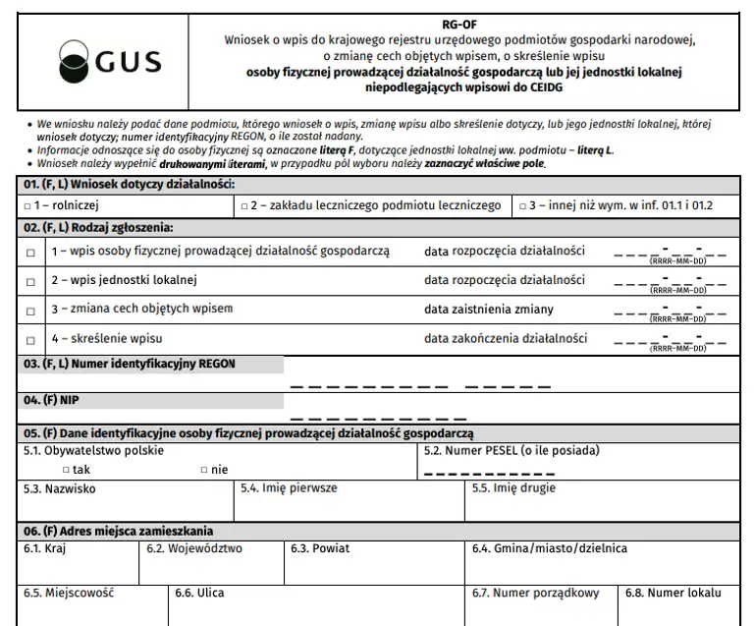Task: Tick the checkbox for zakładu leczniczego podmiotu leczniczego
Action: point(244,206)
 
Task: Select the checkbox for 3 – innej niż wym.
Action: point(520,206)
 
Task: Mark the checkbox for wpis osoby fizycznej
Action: point(30,253)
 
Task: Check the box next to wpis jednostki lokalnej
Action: point(30,281)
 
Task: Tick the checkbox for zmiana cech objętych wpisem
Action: point(30,310)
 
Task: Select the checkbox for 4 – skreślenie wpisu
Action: point(30,339)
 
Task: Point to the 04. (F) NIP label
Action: point(50,400)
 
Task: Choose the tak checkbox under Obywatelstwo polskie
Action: point(66,470)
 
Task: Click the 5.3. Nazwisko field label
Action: point(60,488)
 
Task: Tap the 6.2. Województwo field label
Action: point(194,548)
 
